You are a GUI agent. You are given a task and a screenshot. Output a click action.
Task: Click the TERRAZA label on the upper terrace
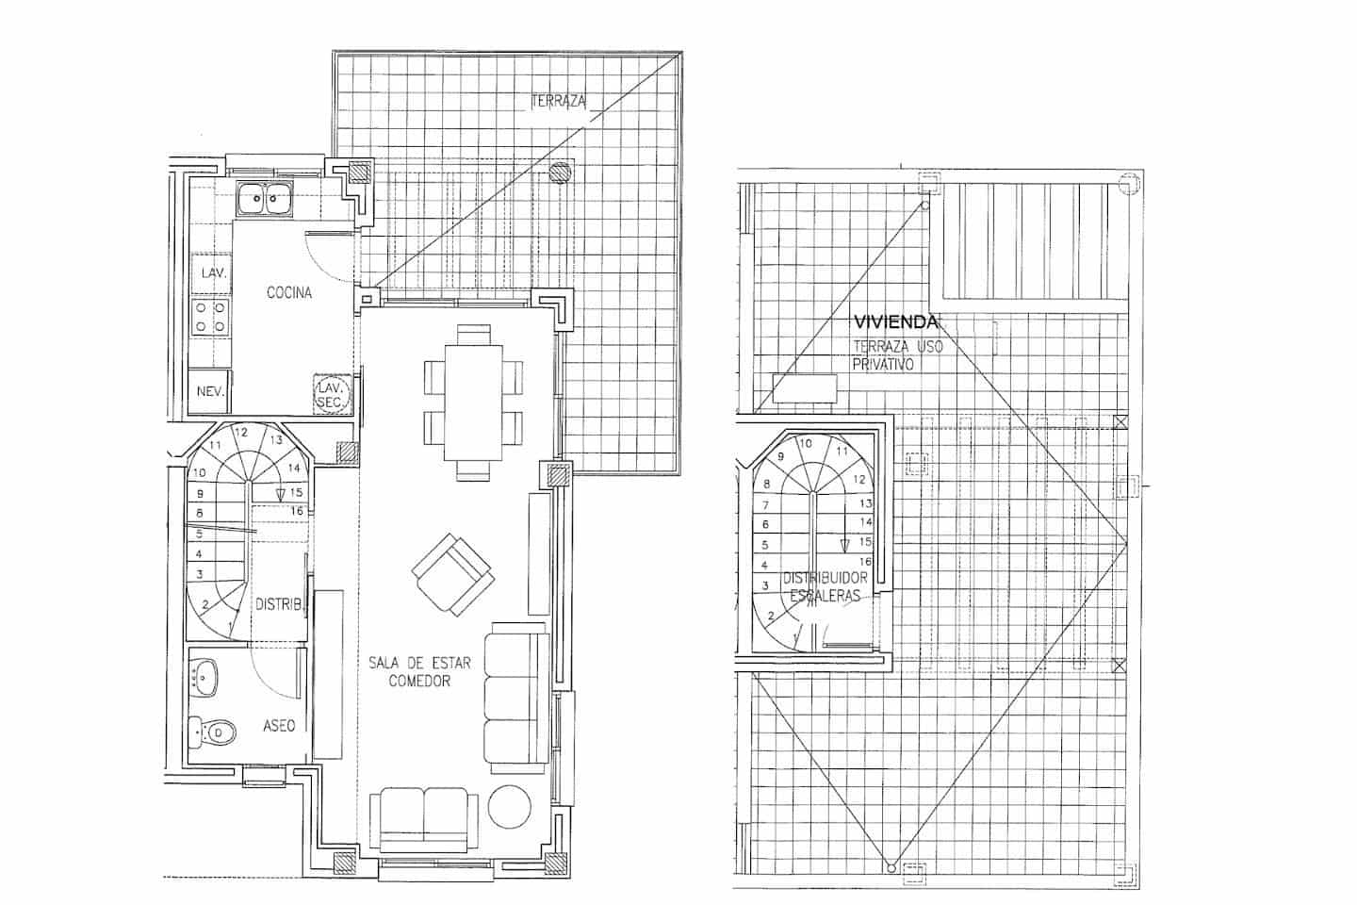(559, 100)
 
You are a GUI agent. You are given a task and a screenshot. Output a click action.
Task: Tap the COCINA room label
(289, 293)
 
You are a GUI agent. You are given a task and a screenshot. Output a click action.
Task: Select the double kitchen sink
(263, 198)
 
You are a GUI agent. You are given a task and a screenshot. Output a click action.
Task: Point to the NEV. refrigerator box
(210, 390)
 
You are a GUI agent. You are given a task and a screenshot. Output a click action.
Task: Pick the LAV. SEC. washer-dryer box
(333, 394)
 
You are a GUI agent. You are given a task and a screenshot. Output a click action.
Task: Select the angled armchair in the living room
(452, 573)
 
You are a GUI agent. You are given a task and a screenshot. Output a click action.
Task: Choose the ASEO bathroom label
(279, 726)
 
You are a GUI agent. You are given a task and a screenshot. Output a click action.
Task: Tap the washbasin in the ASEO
(204, 677)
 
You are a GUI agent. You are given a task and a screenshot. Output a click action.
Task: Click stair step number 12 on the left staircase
(241, 433)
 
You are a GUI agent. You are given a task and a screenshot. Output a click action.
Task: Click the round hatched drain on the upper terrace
(561, 172)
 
